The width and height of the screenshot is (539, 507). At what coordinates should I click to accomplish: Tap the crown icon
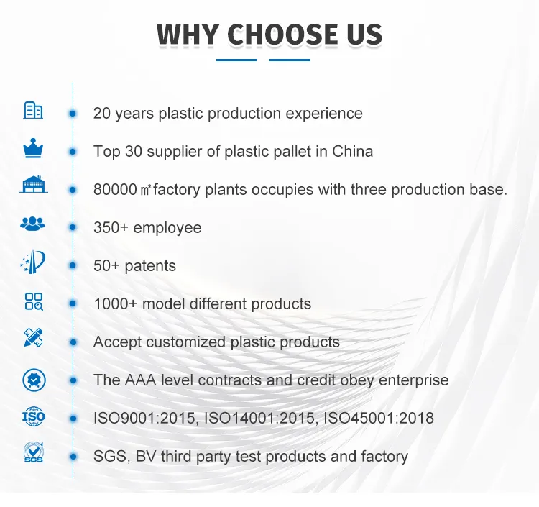pos(33,149)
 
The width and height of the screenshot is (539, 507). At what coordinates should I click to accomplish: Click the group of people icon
pos(33,224)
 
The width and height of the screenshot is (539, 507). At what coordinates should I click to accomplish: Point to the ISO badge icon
pos(33,416)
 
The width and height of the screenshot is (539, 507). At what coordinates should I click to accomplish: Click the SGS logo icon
pos(33,453)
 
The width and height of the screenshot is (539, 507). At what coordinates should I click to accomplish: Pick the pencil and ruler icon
pos(33,338)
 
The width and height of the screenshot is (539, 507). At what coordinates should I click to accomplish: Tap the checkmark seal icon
pos(33,378)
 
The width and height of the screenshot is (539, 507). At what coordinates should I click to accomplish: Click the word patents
pos(150,266)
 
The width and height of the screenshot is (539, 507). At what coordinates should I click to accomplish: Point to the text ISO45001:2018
pos(379,418)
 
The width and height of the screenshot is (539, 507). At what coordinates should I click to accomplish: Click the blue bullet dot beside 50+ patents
pos(73,265)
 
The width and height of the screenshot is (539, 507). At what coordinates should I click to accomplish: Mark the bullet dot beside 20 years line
pos(73,113)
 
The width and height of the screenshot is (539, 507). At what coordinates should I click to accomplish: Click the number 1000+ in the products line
pos(115,304)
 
